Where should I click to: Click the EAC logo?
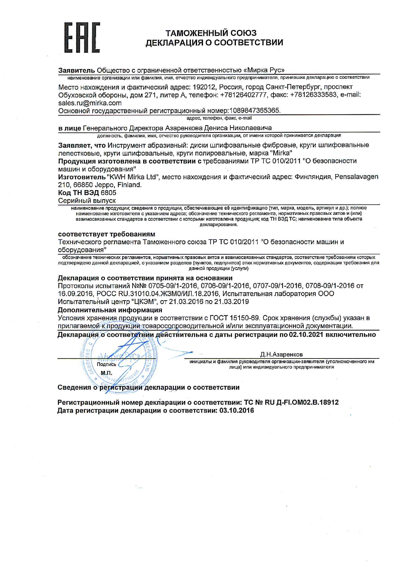[x=82, y=38]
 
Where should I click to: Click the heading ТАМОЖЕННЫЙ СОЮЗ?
[x=211, y=33]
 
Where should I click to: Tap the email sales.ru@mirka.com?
[x=90, y=103]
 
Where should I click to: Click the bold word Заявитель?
[x=76, y=70]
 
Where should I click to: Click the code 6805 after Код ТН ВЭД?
[x=108, y=193]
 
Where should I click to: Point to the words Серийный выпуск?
[x=87, y=201]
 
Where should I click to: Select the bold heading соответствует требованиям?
[x=107, y=234]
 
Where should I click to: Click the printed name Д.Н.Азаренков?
[x=281, y=355]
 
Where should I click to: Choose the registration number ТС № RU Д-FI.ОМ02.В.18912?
[x=291, y=403]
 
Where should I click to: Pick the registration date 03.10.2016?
[x=237, y=411]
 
